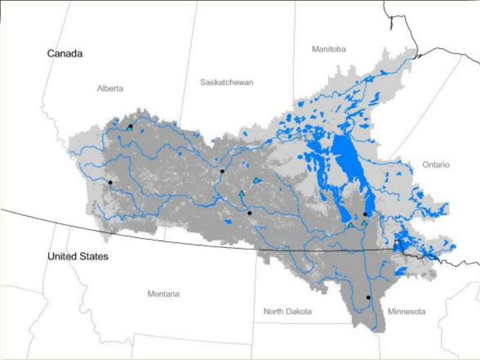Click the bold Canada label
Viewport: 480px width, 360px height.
[65, 53]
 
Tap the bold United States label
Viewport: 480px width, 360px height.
[77, 256]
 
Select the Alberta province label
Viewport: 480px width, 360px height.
[110, 88]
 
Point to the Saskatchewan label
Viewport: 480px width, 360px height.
[227, 82]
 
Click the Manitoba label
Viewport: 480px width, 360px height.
[329, 49]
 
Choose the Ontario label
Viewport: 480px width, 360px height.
[435, 165]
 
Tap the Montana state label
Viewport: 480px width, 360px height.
[163, 294]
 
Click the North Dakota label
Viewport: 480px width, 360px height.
[287, 311]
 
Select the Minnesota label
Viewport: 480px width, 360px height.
[407, 311]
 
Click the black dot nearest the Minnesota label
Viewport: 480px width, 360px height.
[369, 297]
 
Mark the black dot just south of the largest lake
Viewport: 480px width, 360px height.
[365, 214]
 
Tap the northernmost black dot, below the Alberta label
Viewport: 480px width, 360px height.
[131, 126]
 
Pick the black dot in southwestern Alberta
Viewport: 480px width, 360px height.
[110, 182]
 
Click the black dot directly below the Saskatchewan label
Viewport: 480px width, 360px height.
[223, 171]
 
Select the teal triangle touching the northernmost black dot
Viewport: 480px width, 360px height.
[128, 128]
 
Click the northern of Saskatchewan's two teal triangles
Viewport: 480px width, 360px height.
[255, 180]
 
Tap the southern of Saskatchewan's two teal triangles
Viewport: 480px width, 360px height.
[241, 193]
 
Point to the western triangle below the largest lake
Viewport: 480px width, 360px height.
[350, 225]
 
